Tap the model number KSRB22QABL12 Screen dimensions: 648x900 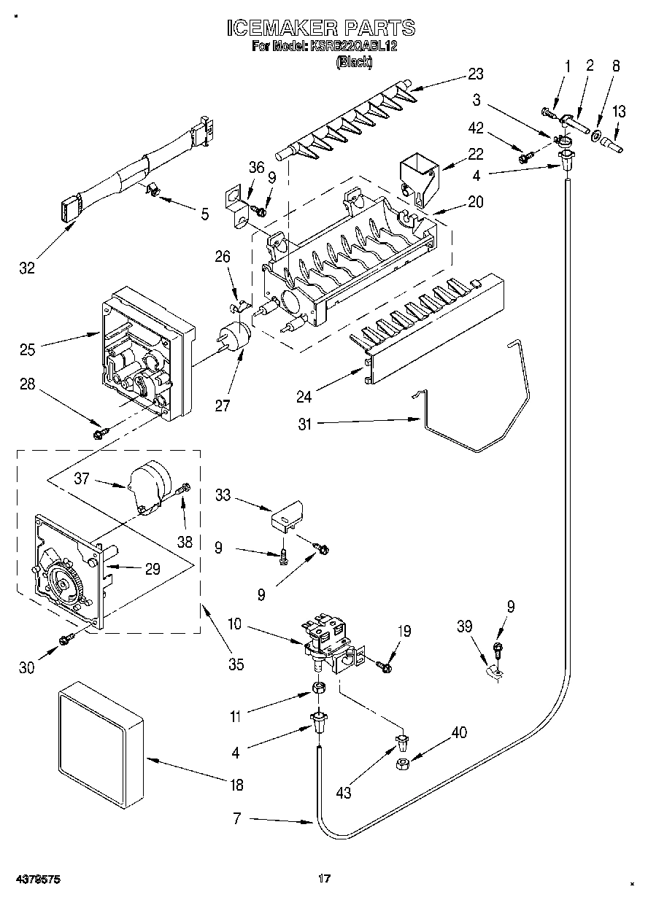(x=353, y=46)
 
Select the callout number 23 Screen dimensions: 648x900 (x=476, y=74)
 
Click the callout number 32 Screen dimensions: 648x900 (x=27, y=268)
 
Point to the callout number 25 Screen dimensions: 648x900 (x=28, y=350)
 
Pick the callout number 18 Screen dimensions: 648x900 (x=236, y=784)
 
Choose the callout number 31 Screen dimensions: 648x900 (x=305, y=424)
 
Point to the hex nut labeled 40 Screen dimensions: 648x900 (x=402, y=764)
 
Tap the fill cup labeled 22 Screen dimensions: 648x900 (x=420, y=179)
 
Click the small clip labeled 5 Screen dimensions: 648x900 (x=152, y=190)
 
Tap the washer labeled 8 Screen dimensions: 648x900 (x=595, y=136)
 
